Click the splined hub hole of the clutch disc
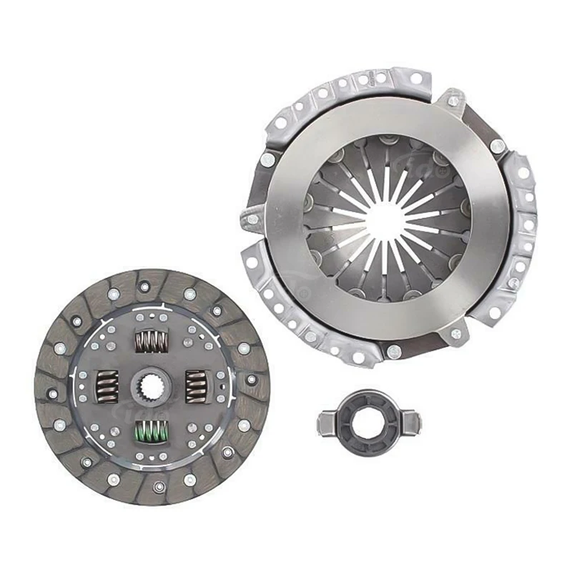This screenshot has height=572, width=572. point(152,386)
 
